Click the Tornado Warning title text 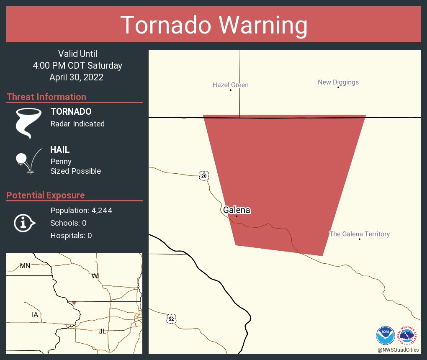click(x=213, y=25)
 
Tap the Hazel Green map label click(x=230, y=85)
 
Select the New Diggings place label click(x=338, y=82)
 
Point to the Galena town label click(x=237, y=210)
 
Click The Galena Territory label click(x=359, y=234)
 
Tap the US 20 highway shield click(x=204, y=176)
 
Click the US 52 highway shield click(x=171, y=319)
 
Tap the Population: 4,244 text click(x=81, y=210)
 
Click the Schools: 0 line click(x=68, y=223)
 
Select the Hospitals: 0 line click(x=71, y=235)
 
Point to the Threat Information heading click(x=46, y=97)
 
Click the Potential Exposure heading click(x=46, y=195)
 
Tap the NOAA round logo click(x=385, y=335)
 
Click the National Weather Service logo click(x=408, y=335)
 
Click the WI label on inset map click(x=96, y=276)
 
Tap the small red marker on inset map click(x=74, y=303)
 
